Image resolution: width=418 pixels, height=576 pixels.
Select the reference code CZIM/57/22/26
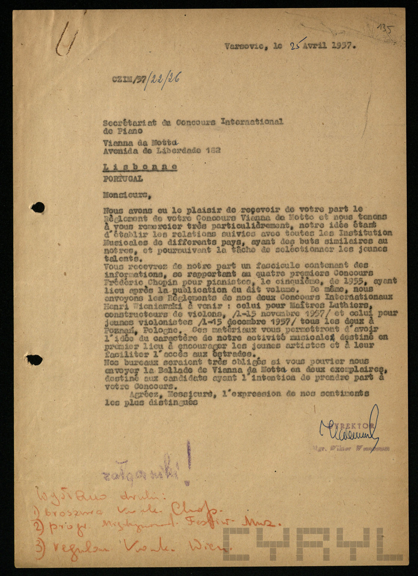(x=146, y=79)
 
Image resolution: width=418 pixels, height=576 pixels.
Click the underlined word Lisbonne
(x=140, y=167)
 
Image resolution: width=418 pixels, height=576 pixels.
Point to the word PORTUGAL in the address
(x=123, y=179)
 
